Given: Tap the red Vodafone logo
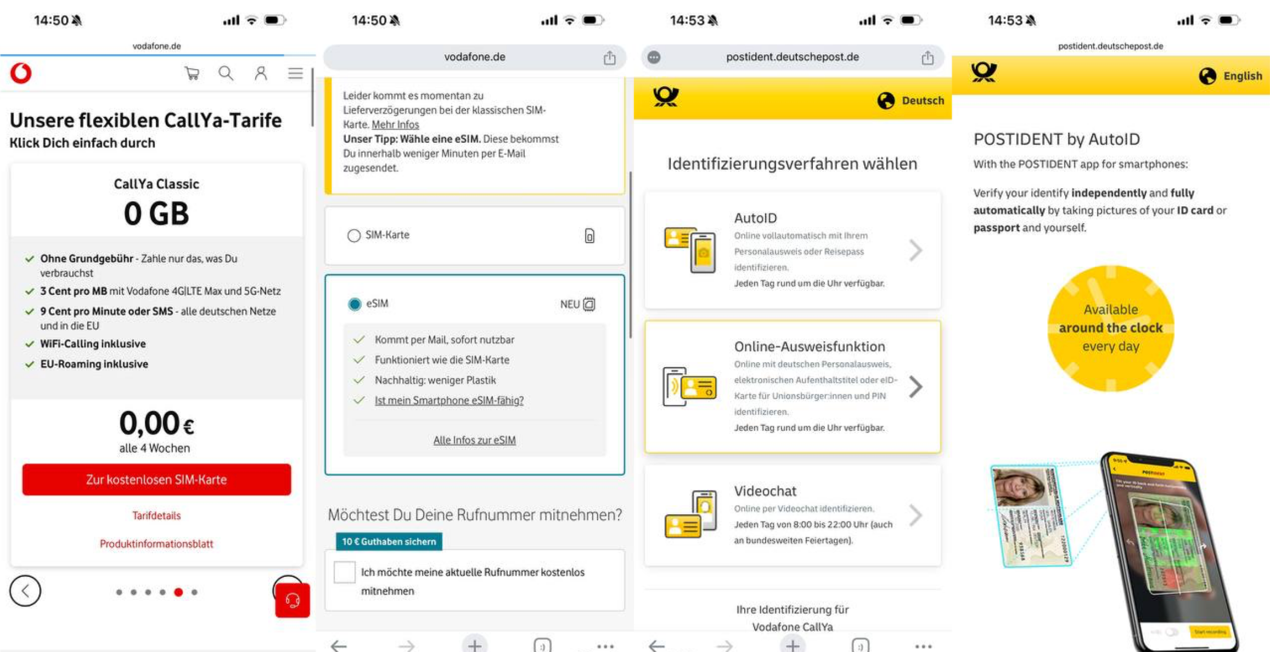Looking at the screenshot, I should pos(21,73).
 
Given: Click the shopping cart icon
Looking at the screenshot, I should pos(192,73).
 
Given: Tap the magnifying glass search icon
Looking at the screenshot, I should pos(226,73).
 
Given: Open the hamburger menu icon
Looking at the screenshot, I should pos(295,73).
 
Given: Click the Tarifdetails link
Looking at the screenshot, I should pos(156,515).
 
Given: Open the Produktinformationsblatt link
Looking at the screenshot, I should pos(156,544).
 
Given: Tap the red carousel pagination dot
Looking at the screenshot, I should pos(178,592).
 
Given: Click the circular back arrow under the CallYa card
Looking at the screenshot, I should pos(25,591).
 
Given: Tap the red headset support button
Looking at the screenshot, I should pos(292,600).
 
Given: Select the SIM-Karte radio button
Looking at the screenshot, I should pos(354,235).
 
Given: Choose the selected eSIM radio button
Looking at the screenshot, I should pos(355,304).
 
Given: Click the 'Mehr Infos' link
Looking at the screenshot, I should pos(395,125).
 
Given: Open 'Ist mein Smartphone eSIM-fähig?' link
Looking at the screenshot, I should pos(449,401).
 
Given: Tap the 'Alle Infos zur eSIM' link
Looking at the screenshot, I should pos(474,440).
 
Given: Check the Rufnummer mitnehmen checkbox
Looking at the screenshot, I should pos(345,572).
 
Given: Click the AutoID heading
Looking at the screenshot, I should pos(755,218).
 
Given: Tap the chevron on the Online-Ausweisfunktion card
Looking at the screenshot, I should pos(915,387).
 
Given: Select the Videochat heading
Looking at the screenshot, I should pos(765,491).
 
